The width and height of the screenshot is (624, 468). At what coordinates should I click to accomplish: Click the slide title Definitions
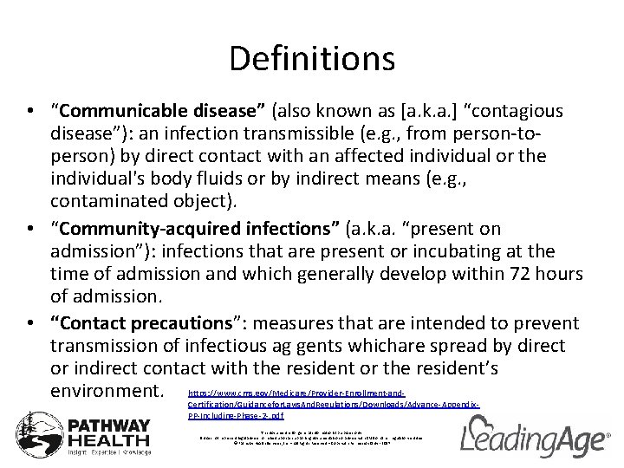click(312, 58)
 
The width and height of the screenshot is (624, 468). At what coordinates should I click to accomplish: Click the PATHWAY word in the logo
click(109, 427)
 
